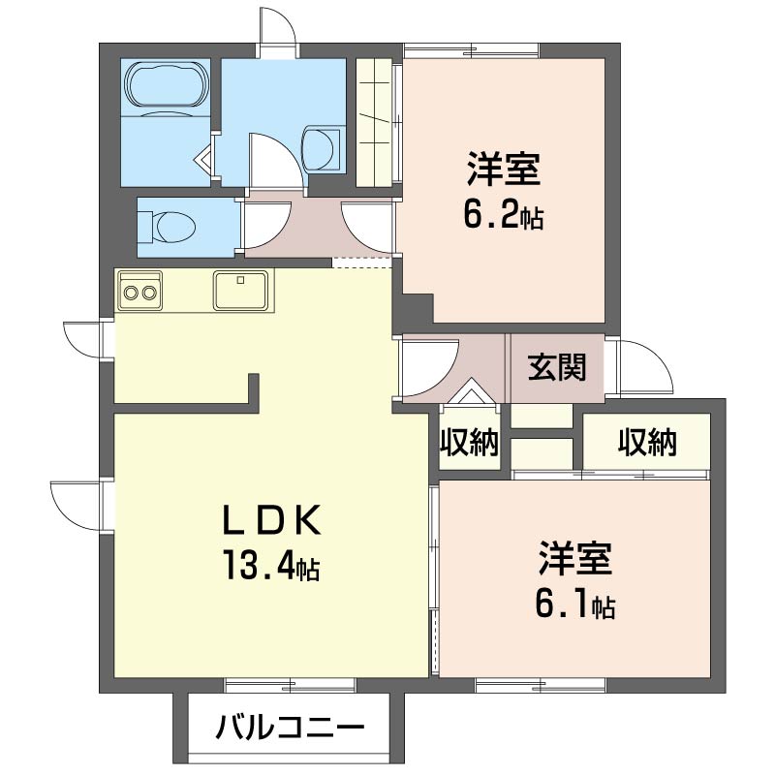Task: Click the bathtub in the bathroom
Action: pyautogui.click(x=167, y=89)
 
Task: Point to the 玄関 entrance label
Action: pyautogui.click(x=557, y=367)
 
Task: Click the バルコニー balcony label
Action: pyautogui.click(x=290, y=726)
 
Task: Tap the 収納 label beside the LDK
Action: pyautogui.click(x=470, y=444)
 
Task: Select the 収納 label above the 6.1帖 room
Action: pyautogui.click(x=646, y=443)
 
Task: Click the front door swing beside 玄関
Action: pyautogui.click(x=642, y=366)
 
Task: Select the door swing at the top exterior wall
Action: pyautogui.click(x=279, y=27)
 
